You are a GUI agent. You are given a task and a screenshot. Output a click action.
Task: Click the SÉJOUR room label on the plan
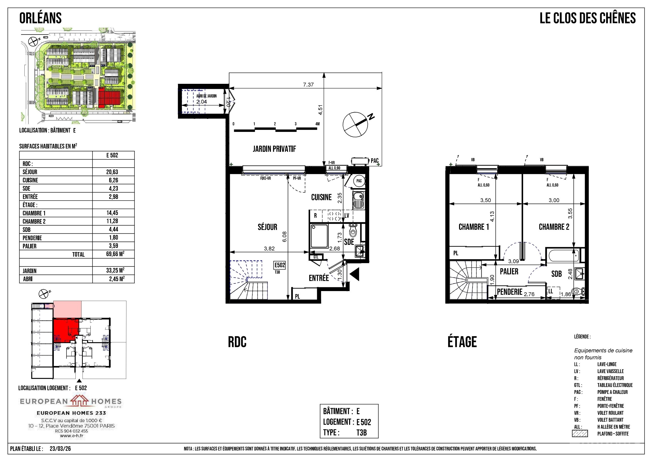click(267, 227)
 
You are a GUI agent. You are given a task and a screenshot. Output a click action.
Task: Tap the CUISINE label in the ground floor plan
click(321, 197)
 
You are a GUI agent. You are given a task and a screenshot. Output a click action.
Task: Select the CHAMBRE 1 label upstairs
click(474, 227)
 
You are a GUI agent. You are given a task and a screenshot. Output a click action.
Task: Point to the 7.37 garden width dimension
click(308, 85)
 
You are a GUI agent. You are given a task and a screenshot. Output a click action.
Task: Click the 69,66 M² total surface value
click(115, 254)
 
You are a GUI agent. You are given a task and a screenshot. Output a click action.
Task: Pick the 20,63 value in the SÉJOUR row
click(113, 172)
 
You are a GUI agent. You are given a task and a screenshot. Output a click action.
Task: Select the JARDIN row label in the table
click(30, 271)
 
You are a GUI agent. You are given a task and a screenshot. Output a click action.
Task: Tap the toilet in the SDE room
click(353, 230)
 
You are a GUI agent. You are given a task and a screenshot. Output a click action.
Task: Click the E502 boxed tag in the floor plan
click(280, 265)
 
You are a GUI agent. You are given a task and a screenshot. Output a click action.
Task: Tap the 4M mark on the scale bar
click(317, 124)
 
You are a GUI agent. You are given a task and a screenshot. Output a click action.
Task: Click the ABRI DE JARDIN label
click(206, 96)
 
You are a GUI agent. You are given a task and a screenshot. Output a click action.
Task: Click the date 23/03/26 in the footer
click(60, 449)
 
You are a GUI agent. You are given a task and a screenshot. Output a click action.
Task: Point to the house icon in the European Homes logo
click(79, 401)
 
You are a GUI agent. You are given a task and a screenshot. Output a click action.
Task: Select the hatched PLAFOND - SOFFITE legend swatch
click(580, 434)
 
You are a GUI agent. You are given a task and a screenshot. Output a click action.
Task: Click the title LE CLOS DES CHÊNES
click(587, 18)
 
